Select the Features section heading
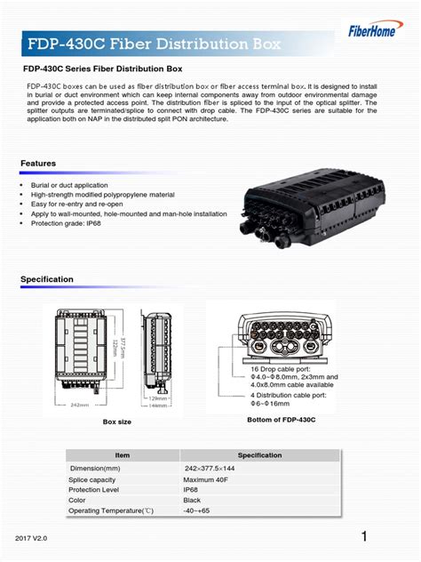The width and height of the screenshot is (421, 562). (x=38, y=164)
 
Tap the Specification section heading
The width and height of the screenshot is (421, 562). (x=47, y=279)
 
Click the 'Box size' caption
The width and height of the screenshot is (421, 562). (x=116, y=421)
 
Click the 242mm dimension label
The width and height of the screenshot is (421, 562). (x=79, y=405)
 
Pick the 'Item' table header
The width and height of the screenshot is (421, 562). (x=122, y=455)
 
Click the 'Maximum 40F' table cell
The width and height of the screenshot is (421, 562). (x=206, y=478)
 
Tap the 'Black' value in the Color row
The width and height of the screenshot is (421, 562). (x=193, y=500)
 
